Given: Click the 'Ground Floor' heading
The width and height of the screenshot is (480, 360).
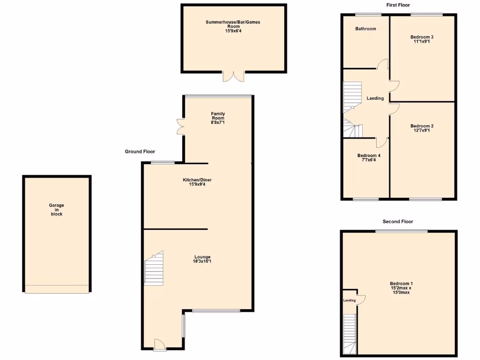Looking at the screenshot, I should [x=140, y=151].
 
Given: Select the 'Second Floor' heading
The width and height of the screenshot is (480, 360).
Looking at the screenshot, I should [x=397, y=221].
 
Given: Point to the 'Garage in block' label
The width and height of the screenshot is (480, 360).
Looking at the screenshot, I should [x=56, y=210].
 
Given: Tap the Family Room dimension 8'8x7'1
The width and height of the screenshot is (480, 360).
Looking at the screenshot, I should [x=218, y=123].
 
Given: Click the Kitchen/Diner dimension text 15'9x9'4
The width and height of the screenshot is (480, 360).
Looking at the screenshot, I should [x=200, y=185].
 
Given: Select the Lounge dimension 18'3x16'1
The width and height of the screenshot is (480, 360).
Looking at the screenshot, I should [x=202, y=262].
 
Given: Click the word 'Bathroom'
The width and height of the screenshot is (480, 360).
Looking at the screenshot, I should [x=365, y=29].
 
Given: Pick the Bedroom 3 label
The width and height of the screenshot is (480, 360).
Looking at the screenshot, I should [x=421, y=37].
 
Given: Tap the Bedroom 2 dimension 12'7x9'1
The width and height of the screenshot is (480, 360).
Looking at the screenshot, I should [x=421, y=131].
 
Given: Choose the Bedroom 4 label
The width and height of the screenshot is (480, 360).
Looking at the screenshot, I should [x=368, y=156].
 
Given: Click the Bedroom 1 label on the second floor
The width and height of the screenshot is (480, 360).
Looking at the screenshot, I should [x=401, y=284].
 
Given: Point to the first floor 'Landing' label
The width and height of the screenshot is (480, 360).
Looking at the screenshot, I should [x=375, y=98].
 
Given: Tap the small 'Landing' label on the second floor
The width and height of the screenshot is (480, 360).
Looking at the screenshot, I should [x=349, y=300].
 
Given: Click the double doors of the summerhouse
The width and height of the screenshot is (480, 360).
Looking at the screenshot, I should [x=233, y=76].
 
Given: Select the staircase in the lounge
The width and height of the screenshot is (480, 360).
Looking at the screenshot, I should [x=154, y=270].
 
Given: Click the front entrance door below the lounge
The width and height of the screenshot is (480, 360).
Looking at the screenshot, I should [x=159, y=345].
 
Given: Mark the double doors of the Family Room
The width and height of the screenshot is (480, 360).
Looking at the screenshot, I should [x=180, y=126].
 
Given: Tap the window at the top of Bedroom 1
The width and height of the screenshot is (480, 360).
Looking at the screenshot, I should [x=401, y=231].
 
